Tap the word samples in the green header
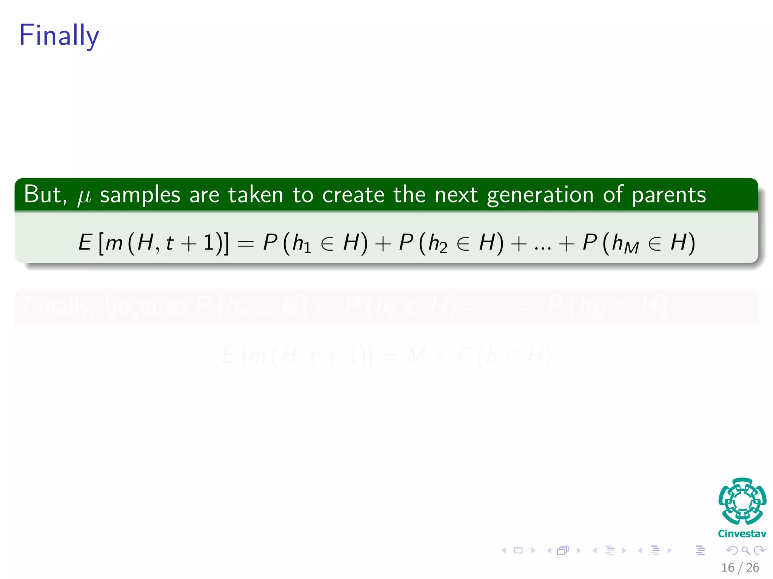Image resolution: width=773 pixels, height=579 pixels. tap(140, 196)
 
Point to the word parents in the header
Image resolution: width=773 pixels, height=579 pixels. tap(668, 196)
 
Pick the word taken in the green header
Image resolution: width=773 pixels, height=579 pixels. tap(256, 195)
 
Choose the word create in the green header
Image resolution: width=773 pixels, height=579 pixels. tap(353, 195)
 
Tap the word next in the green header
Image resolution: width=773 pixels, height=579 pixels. tap(456, 195)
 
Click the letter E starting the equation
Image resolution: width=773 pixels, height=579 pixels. tap(85, 242)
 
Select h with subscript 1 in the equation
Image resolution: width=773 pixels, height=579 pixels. tap(301, 244)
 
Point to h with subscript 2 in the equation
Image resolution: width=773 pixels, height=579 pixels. tap(437, 244)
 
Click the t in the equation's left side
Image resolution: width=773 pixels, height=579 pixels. tap(169, 243)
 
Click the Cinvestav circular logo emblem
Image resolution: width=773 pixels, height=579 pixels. tap(742, 501)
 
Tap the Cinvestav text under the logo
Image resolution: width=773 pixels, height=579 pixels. tap(742, 533)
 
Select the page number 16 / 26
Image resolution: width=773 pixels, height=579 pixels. tap(740, 567)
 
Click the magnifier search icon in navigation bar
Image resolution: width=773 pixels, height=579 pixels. tap(746, 550)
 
